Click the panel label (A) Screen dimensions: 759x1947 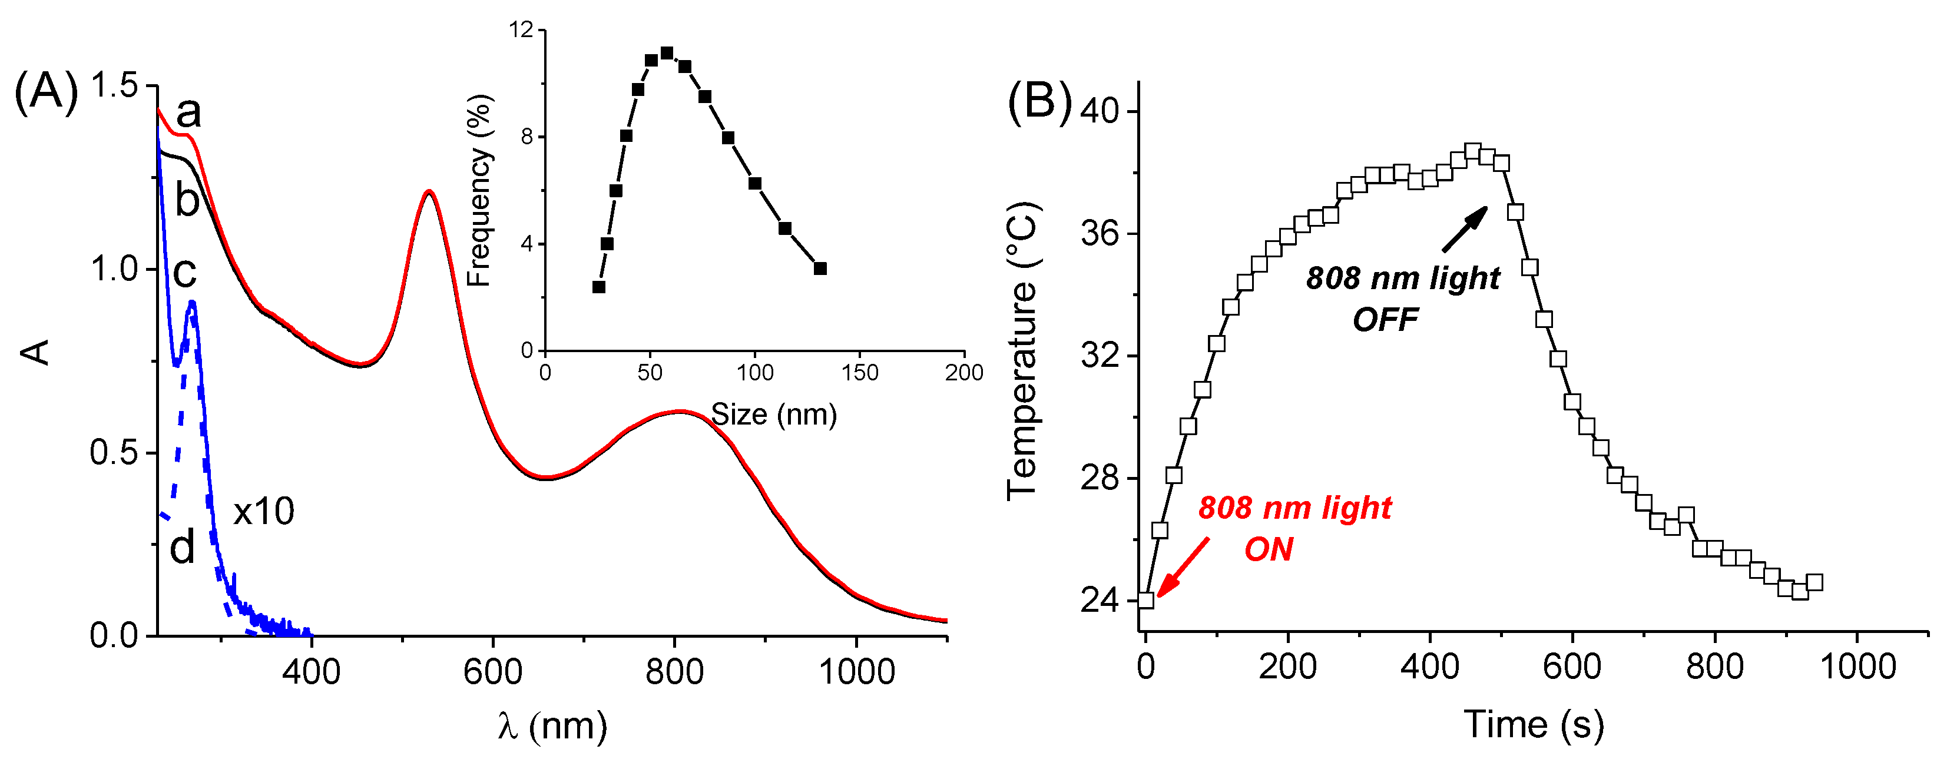click(x=46, y=92)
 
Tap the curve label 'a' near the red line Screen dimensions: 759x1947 click(x=188, y=112)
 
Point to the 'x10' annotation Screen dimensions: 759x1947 click(x=263, y=512)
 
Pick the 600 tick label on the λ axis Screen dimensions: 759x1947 click(x=493, y=671)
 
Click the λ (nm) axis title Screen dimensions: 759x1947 click(x=552, y=726)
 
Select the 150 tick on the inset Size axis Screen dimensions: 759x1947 click(x=859, y=372)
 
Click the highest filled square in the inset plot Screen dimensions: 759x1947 click(x=667, y=53)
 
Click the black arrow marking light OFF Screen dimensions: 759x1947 click(x=1464, y=228)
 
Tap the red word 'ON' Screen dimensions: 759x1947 click(x=1269, y=549)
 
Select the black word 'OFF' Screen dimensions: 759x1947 click(x=1385, y=320)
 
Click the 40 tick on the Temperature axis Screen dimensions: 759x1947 click(x=1099, y=111)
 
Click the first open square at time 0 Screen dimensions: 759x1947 click(x=1146, y=600)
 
